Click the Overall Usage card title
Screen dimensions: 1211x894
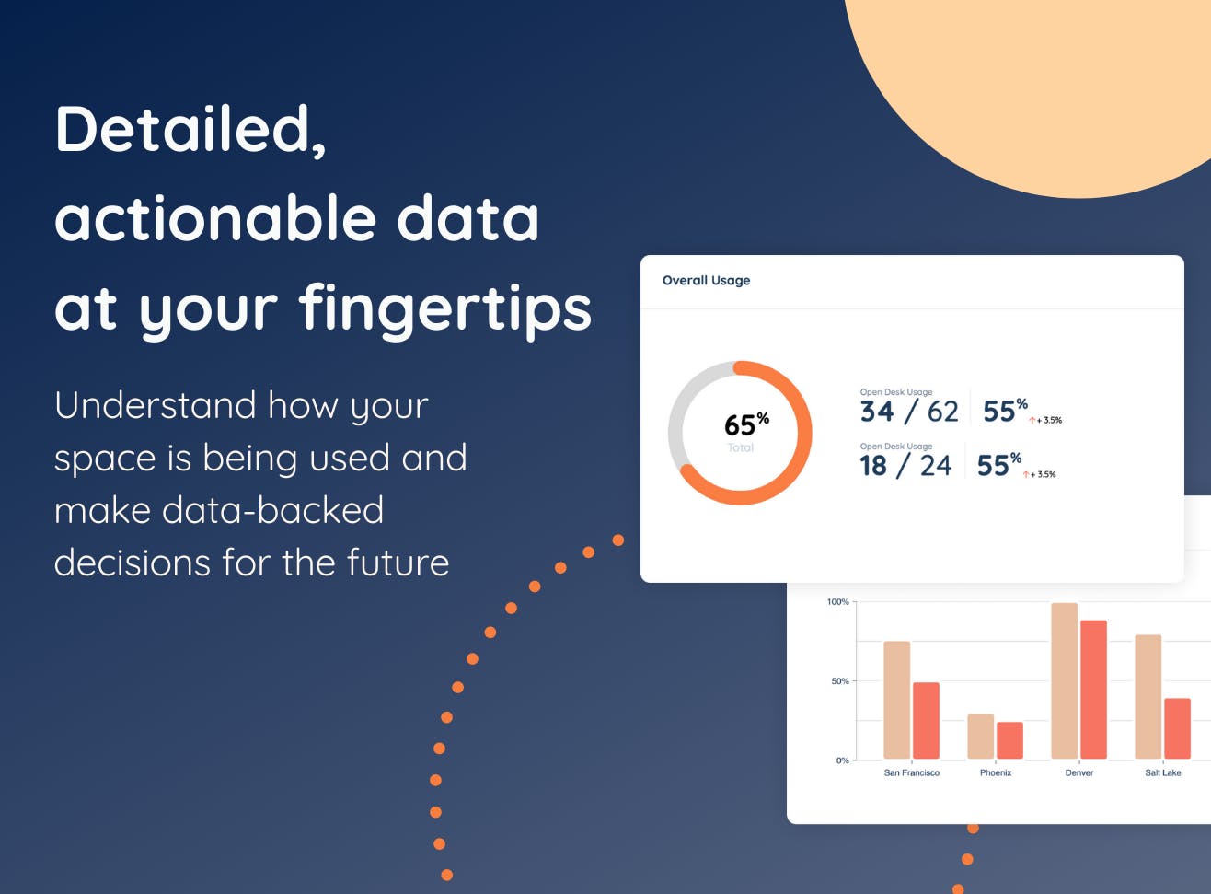706,280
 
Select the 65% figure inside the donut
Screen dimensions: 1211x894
746,424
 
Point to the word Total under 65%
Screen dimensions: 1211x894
741,447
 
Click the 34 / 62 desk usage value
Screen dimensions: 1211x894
909,412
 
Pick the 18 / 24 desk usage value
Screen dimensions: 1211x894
905,466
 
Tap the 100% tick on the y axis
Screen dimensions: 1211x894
838,601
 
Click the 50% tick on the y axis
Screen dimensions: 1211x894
840,681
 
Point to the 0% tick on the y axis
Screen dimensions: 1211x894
843,760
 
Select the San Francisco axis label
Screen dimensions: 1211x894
912,772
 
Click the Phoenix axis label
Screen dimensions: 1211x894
996,772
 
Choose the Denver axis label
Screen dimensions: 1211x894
1079,772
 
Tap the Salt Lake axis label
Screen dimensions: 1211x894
1163,772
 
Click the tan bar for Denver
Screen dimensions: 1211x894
1065,681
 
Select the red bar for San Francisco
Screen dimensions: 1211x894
926,721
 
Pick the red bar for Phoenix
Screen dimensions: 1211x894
1010,740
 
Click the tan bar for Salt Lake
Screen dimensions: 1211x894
1148,697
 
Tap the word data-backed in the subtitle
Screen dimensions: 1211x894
273,510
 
